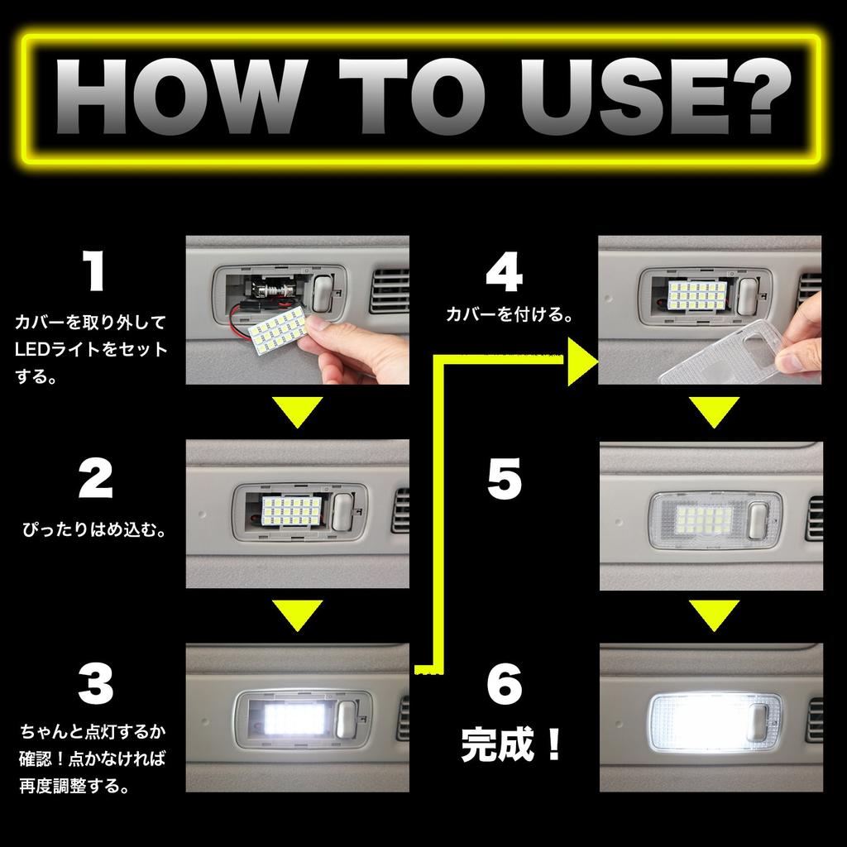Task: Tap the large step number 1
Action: tap(94, 274)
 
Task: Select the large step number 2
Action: tap(94, 479)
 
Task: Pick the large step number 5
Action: tap(505, 479)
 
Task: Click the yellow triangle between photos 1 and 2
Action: tap(297, 411)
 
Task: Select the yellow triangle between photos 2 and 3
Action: tap(297, 615)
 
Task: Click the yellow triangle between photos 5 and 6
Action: tap(714, 615)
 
